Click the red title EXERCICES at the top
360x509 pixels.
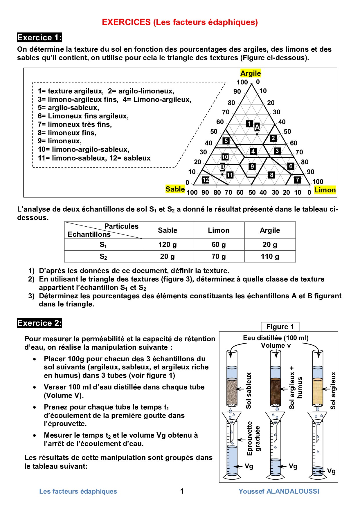[x=126, y=22]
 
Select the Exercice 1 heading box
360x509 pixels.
[x=39, y=37]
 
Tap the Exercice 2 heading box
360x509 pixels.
[x=39, y=323]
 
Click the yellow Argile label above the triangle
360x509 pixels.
[x=251, y=73]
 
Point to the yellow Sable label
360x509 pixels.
[x=175, y=189]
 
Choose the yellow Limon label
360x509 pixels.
[x=325, y=190]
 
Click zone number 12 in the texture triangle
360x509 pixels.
[x=206, y=180]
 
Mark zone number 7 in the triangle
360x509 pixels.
[x=297, y=180]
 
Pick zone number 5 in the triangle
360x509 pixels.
[x=226, y=141]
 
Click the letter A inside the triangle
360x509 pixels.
[x=257, y=127]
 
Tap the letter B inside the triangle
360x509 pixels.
[x=222, y=167]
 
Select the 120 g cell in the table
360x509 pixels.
[x=168, y=245]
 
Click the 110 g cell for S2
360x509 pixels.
[x=270, y=256]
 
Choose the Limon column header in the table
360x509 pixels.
[x=219, y=230]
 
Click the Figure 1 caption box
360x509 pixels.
[x=280, y=327]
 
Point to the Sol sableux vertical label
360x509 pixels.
[x=249, y=391]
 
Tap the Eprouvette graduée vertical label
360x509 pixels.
[x=253, y=438]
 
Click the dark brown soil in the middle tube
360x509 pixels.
[x=276, y=391]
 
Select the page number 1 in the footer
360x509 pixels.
[x=182, y=491]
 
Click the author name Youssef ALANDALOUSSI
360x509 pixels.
[x=279, y=491]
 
